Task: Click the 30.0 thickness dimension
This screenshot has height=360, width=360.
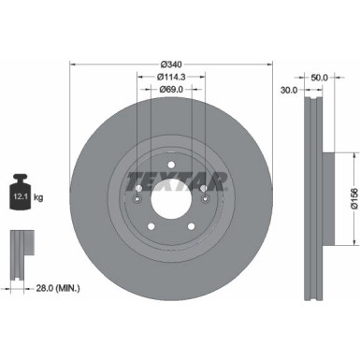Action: click(289, 91)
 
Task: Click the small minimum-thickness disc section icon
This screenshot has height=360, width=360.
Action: click(19, 249)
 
